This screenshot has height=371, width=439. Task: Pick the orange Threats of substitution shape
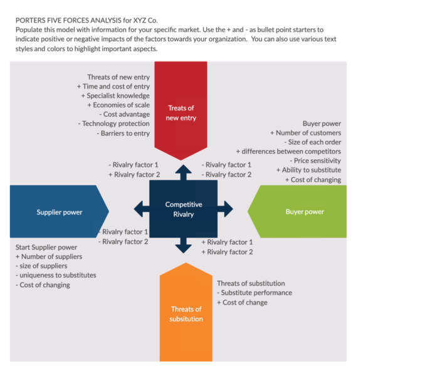pos(186,313)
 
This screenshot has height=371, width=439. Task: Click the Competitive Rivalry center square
pos(183,209)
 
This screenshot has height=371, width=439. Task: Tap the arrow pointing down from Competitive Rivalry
pos(183,246)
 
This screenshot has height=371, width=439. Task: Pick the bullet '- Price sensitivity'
pos(313,161)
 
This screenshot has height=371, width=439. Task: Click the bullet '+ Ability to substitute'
pos(309,170)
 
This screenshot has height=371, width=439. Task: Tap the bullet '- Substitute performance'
pos(254,293)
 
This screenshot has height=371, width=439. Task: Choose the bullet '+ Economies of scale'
pos(118,105)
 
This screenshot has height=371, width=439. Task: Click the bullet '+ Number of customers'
pos(305,133)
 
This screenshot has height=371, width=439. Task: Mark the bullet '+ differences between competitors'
pos(288,152)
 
